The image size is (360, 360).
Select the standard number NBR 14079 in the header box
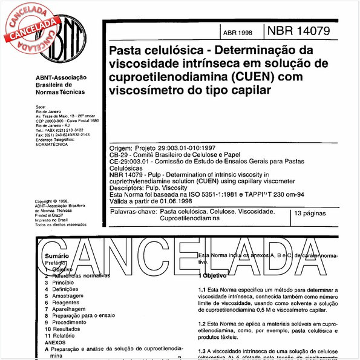(297, 31)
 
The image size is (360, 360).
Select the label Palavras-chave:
(132, 213)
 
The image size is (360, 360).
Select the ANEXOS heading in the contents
(55, 342)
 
